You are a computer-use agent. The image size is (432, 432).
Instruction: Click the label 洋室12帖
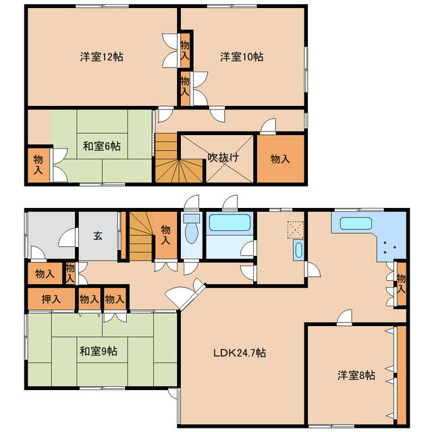[102, 57]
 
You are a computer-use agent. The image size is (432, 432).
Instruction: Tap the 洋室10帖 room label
[242, 57]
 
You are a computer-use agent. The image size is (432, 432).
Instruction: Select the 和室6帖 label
[102, 146]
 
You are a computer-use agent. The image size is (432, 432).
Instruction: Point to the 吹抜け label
[223, 157]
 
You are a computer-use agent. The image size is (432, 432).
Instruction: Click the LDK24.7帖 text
[240, 352]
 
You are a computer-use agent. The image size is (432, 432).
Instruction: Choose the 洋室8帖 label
[356, 375]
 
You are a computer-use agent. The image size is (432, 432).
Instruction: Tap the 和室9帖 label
[99, 351]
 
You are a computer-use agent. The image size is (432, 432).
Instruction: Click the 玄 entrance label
[98, 236]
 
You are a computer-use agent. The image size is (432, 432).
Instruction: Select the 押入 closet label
[51, 299]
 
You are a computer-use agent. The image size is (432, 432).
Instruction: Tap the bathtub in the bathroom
[230, 223]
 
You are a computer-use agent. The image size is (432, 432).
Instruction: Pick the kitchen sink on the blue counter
[356, 223]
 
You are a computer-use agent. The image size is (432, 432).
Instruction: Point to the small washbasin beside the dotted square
[298, 250]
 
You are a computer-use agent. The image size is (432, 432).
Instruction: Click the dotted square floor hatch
[296, 230]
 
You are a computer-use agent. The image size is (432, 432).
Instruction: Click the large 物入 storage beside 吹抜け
[281, 159]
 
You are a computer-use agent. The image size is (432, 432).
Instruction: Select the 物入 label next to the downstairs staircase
[165, 235]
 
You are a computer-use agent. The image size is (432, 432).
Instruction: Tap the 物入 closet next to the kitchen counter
[401, 283]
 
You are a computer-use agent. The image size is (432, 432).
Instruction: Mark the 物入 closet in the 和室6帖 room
[38, 165]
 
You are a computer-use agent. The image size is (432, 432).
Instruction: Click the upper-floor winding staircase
[178, 158]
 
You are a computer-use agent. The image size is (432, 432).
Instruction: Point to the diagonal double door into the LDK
[185, 294]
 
